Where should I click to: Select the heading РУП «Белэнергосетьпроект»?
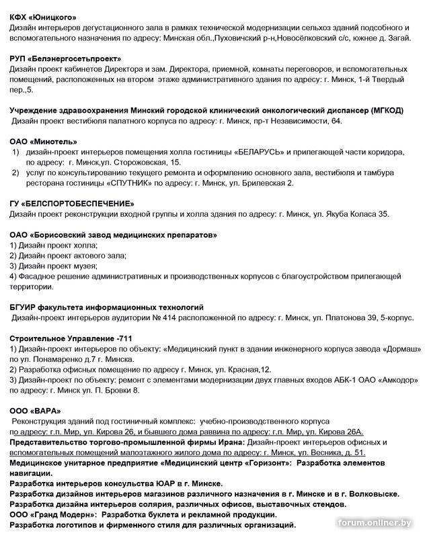pyautogui.click(x=65, y=59)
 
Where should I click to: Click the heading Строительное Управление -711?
pyautogui.click(x=66, y=338)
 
